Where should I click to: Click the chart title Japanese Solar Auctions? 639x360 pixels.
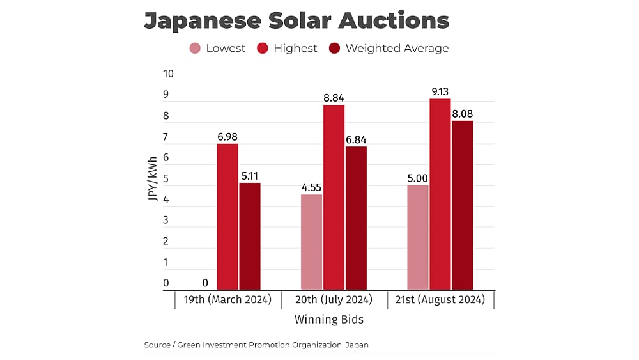[x=296, y=20]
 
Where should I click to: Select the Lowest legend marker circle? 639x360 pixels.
[x=195, y=48]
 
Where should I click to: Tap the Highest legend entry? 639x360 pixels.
[x=287, y=48]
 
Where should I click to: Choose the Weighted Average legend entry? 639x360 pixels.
[x=389, y=48]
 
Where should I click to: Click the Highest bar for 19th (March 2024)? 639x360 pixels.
[x=227, y=217]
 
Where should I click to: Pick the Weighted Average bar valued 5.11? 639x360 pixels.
[x=250, y=237]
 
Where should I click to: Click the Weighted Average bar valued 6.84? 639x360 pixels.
[x=357, y=218]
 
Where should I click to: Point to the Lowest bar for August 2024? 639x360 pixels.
[x=418, y=237]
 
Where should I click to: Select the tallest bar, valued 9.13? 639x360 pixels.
[x=440, y=194]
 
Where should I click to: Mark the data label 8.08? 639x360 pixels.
[x=462, y=114]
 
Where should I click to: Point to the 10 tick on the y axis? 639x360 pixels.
[x=169, y=74]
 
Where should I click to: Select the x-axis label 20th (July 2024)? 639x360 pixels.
[x=334, y=299]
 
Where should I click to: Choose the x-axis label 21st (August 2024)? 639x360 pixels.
[x=440, y=299]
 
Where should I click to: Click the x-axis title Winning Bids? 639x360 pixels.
[x=329, y=319]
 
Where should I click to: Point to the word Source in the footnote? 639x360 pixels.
[x=157, y=345]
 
